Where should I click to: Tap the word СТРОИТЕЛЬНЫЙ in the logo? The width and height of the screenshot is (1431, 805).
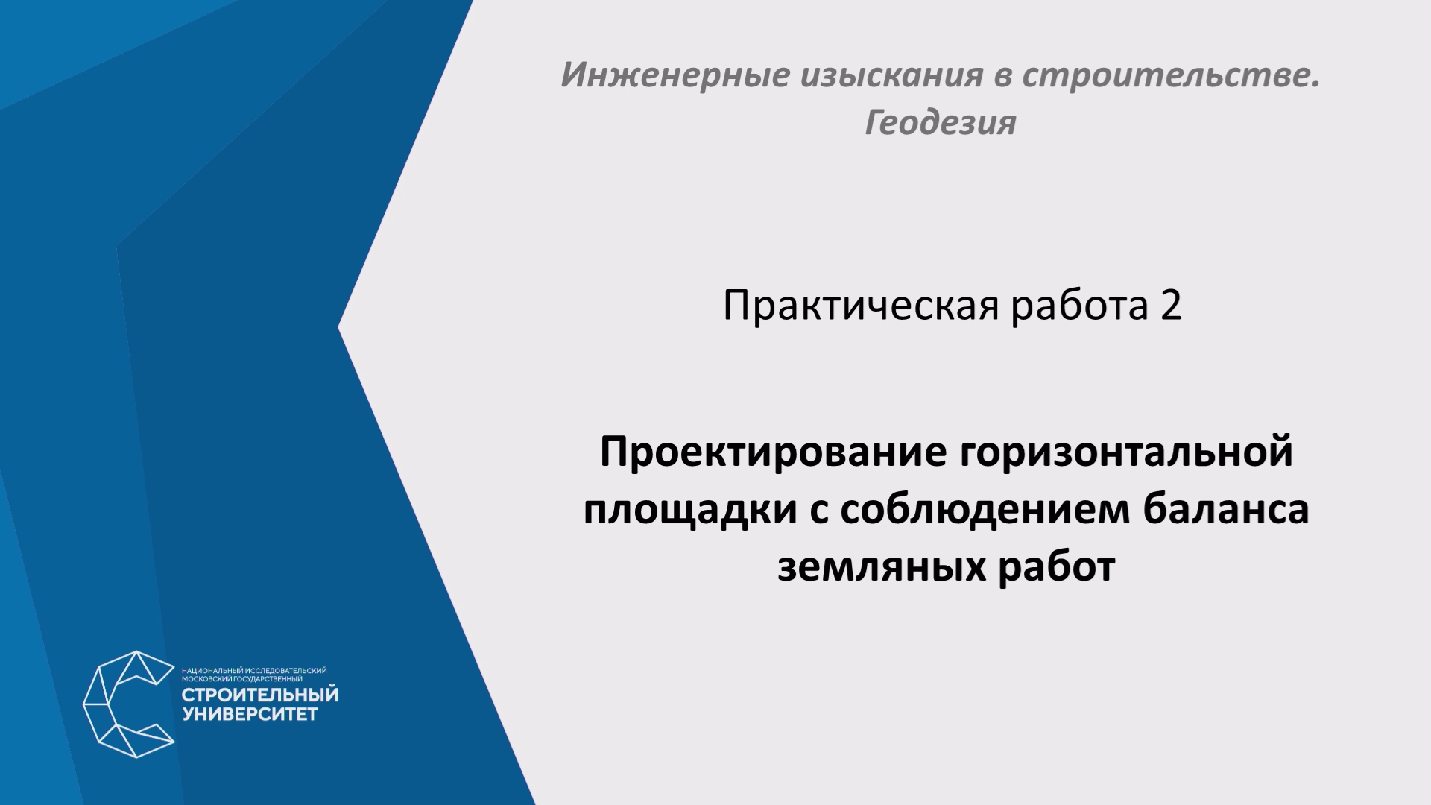click(x=260, y=695)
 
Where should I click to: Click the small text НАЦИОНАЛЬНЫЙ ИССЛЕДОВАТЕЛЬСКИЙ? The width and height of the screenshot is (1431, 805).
click(x=254, y=671)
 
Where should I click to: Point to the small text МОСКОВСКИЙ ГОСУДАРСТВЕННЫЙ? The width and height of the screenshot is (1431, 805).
click(x=241, y=679)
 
